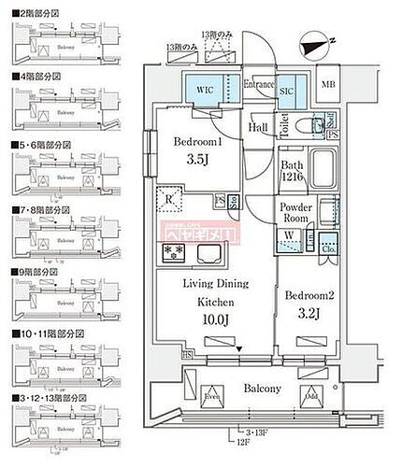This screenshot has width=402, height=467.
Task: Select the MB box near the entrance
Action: click(327, 84)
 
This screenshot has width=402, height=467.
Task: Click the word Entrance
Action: click(259, 85)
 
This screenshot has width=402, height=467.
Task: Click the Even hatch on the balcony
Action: click(213, 395)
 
